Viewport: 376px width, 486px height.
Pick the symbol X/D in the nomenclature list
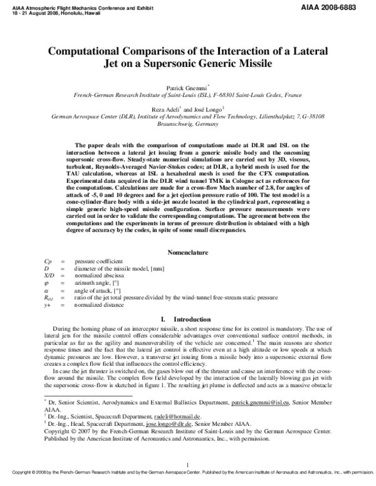point(50,275)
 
